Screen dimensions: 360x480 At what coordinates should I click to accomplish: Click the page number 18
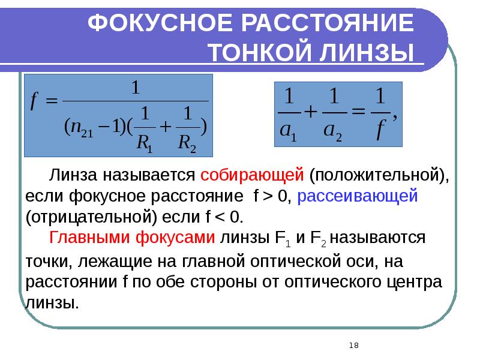(353, 345)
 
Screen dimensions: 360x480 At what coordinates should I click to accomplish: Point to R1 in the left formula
(145, 143)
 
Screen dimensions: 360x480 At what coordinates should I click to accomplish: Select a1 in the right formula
(290, 133)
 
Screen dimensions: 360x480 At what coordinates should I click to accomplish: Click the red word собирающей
(253, 175)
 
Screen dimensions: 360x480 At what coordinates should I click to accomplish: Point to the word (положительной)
(379, 175)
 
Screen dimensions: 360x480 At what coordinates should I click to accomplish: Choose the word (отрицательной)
(87, 217)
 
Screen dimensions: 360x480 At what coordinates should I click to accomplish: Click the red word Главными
(92, 238)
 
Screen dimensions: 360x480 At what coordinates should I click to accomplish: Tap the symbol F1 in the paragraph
(282, 238)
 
